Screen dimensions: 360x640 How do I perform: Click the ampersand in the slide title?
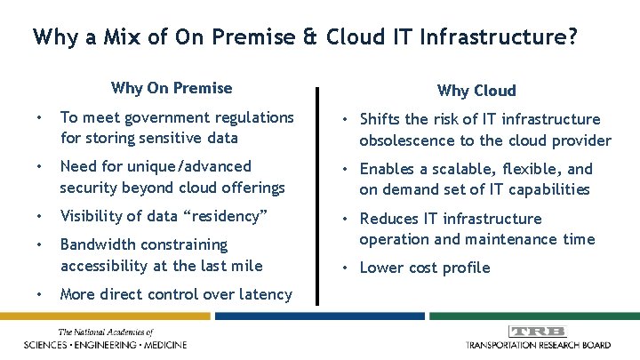311,37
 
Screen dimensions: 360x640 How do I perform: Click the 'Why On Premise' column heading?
172,88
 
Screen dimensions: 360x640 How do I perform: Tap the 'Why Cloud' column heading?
476,91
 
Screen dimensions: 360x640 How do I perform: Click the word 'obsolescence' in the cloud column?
404,140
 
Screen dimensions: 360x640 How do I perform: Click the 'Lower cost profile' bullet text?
424,268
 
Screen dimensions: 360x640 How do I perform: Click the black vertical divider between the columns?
316,178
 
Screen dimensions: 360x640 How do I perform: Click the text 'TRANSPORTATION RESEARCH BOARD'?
539,345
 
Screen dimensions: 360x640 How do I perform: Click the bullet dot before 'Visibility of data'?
39,216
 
